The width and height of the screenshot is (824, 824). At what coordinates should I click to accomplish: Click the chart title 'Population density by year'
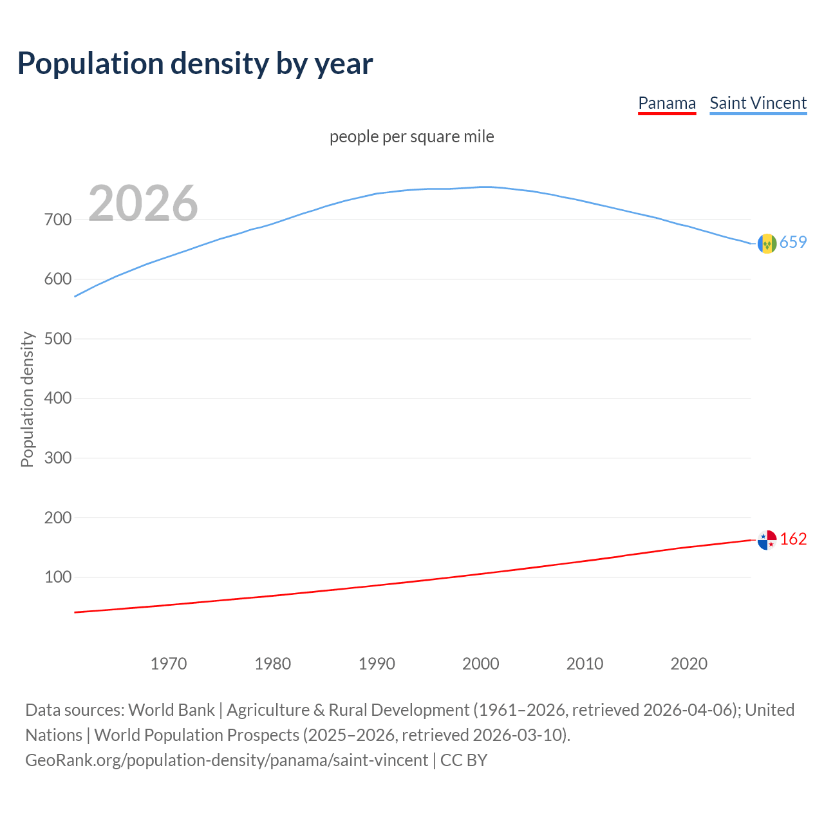(x=195, y=64)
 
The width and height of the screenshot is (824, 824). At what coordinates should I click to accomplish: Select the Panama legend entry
(x=667, y=103)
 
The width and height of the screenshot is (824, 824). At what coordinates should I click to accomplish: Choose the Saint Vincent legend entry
(x=758, y=103)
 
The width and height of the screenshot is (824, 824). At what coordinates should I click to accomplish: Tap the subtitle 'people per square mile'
(x=412, y=136)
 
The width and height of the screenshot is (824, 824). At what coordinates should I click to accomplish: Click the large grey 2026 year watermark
(x=143, y=203)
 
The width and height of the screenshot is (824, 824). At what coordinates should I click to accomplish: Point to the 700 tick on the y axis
(x=58, y=220)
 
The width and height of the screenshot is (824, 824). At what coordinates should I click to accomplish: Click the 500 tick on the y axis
(x=58, y=339)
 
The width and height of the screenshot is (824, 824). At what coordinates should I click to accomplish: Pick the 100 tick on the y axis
(x=58, y=577)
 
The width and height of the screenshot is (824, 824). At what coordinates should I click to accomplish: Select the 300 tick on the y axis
(x=58, y=458)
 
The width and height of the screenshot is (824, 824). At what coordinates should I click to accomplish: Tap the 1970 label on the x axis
(x=169, y=664)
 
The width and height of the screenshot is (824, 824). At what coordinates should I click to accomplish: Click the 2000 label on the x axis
(x=481, y=664)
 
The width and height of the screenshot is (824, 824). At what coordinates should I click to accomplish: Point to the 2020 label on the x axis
(x=689, y=664)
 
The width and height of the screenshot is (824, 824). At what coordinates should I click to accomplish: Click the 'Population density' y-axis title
(x=27, y=399)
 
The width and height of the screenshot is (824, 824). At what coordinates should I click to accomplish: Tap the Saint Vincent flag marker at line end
(x=767, y=243)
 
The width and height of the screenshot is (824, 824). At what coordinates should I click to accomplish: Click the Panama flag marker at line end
(x=767, y=540)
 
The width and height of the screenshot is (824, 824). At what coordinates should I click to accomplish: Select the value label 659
(x=793, y=242)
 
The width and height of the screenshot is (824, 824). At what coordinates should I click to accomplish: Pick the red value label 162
(x=793, y=539)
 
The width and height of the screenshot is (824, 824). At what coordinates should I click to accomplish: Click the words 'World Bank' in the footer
(x=171, y=710)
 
